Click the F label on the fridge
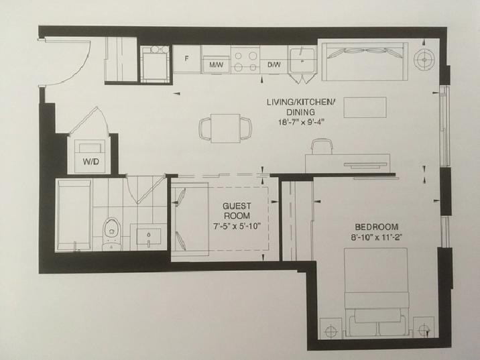186,58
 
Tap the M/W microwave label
216,65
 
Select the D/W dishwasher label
274,65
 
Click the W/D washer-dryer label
91,162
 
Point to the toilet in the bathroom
111,233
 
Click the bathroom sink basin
148,237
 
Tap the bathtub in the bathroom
74,215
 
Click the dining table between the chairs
226,128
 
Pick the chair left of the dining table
205,129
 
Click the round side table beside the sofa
424,60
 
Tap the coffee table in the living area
365,107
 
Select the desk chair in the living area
322,147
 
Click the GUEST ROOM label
237,211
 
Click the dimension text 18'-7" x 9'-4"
300,122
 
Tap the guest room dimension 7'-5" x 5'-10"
237,227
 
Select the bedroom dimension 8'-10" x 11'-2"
377,237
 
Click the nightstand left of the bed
331,328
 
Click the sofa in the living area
364,61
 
